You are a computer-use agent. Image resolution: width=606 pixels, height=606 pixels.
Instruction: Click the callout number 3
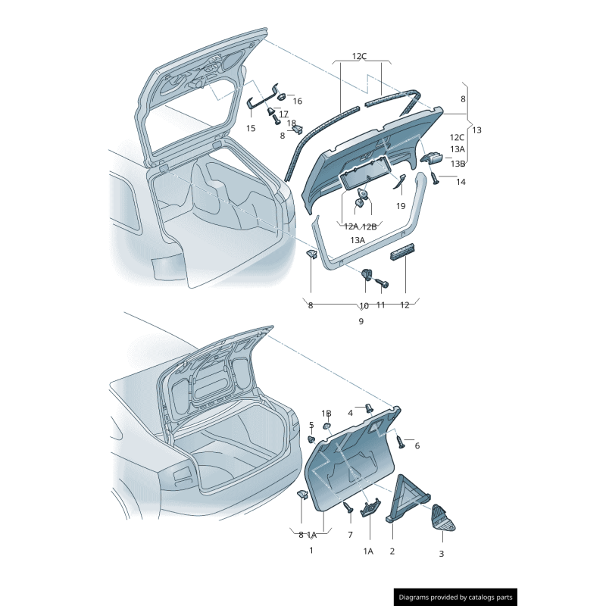coord(442,554)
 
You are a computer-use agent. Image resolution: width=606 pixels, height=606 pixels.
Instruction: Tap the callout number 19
coord(401,206)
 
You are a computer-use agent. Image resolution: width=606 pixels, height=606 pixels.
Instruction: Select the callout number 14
coord(461,182)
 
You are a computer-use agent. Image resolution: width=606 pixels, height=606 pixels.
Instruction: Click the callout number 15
coord(251,128)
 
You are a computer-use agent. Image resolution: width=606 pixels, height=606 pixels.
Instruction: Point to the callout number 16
coord(297,101)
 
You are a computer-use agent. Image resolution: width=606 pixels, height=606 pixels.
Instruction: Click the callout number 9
coord(361,321)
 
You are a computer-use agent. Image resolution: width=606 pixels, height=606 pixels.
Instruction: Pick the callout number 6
coord(417,445)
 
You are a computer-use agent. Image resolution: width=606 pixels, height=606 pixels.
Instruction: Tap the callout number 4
coord(350,413)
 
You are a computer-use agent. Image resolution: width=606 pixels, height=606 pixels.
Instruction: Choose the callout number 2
coord(392,551)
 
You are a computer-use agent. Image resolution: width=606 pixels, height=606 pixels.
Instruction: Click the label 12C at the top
coord(359,56)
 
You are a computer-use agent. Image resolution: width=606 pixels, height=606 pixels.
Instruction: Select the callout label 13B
coord(458,164)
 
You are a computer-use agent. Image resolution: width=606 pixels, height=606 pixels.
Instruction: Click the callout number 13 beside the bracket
coord(477,130)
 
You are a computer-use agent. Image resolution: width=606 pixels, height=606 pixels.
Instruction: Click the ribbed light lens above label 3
coord(443,517)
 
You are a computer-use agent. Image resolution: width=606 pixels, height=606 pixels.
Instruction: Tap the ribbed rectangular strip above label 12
coord(402,252)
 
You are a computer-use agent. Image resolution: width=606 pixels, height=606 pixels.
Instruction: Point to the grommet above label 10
coord(366,275)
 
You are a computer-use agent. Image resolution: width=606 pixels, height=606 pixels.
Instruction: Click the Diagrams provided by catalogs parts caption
coord(456,598)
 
